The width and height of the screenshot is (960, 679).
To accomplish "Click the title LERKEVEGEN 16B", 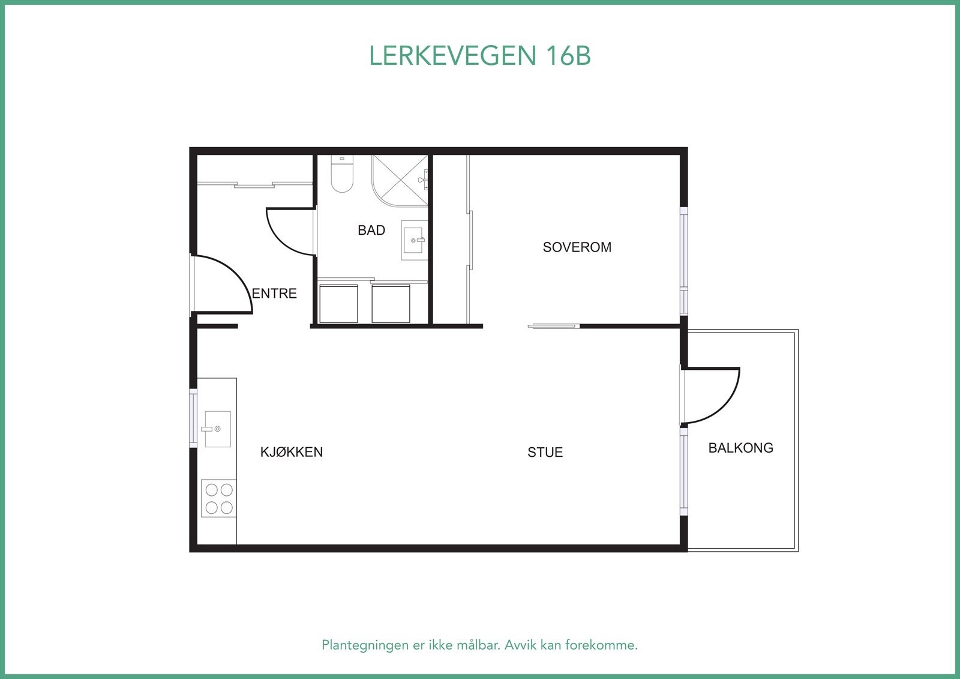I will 479,56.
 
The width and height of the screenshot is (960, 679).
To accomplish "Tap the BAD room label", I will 371,230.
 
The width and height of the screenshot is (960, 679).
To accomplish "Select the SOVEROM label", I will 577,247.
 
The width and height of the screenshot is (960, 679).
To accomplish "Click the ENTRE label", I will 274,294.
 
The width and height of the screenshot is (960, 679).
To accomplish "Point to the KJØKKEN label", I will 291,452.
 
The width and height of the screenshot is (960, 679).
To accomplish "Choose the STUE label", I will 545,453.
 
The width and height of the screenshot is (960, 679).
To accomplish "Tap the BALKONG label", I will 740,448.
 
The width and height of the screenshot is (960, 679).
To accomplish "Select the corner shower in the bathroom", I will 399,180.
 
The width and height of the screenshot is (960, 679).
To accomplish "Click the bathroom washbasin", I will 414,240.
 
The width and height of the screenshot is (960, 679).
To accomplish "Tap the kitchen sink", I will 217,429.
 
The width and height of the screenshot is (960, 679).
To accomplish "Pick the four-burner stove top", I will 218,498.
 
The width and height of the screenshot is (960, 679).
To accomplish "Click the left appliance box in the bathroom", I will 338,304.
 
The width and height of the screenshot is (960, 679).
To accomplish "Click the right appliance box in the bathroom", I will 391,304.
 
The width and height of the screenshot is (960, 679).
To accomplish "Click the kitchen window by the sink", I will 193,418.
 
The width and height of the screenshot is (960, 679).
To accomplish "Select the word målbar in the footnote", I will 478,645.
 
